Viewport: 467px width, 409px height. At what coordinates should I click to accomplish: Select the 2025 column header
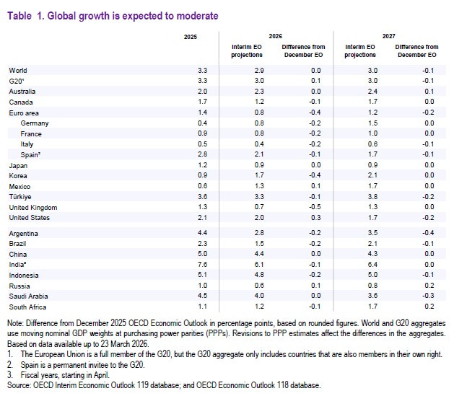pyautogui.click(x=190, y=35)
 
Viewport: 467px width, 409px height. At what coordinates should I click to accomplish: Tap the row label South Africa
pyautogui.click(x=27, y=307)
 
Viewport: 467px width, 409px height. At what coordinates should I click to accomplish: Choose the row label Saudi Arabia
pyautogui.click(x=28, y=296)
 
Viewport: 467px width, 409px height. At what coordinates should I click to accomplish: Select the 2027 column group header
pyautogui.click(x=389, y=35)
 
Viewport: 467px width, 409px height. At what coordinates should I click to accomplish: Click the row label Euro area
pyautogui.click(x=24, y=113)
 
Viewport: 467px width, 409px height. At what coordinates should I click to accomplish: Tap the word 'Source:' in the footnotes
pyautogui.click(x=19, y=385)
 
